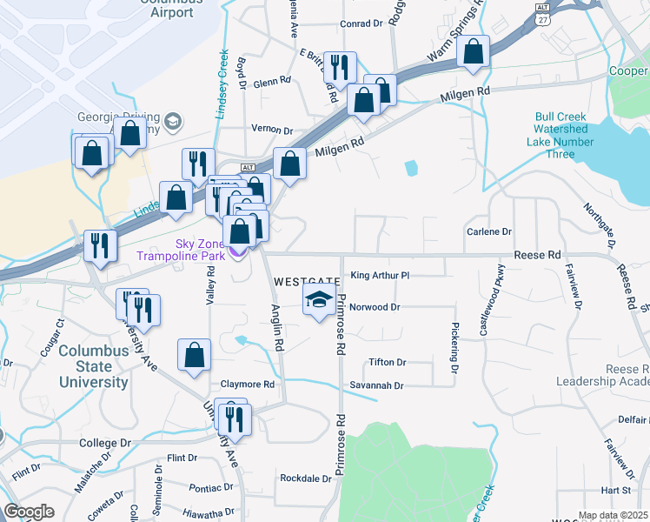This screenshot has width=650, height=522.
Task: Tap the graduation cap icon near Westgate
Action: [x=319, y=301]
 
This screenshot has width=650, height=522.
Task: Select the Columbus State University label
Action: [x=93, y=365]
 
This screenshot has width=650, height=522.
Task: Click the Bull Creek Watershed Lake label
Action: [x=564, y=135]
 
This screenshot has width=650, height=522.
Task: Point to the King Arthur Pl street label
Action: [x=379, y=275]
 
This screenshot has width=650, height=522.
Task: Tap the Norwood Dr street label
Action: [x=376, y=307]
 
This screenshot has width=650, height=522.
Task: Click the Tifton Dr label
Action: [x=388, y=362]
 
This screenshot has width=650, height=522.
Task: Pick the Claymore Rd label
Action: [x=247, y=385]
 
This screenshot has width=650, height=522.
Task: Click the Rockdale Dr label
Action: [x=306, y=478]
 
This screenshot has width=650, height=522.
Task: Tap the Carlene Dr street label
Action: [x=489, y=231]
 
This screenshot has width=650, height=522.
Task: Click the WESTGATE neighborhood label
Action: [x=306, y=283]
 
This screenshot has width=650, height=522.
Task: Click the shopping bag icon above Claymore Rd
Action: [x=194, y=354]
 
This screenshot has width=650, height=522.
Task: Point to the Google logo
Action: [x=29, y=512]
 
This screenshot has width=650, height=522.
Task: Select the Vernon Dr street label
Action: [x=271, y=130]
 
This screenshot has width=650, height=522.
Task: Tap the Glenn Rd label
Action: [x=272, y=84]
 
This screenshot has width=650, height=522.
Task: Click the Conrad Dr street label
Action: [x=361, y=23]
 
